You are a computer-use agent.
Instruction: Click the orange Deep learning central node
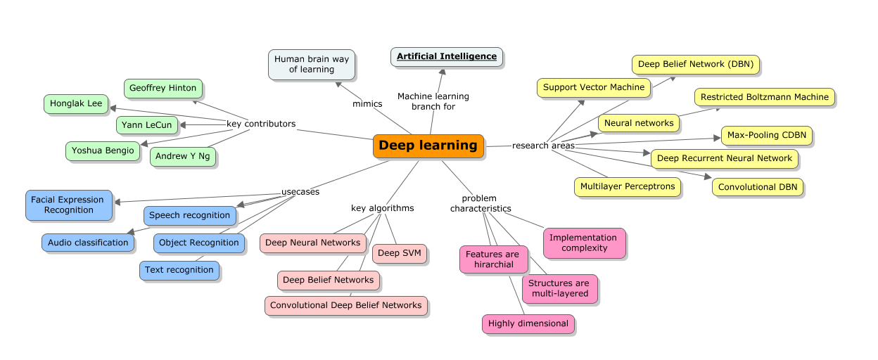[428, 146]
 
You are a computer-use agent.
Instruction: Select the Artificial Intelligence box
[447, 56]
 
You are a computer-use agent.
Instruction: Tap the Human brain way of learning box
[312, 64]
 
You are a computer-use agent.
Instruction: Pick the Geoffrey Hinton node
[163, 89]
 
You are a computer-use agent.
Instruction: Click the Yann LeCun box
[146, 125]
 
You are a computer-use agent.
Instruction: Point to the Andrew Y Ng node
[182, 156]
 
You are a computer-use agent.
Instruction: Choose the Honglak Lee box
[76, 103]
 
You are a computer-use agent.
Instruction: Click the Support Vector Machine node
[594, 88]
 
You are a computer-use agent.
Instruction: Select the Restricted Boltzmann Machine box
[764, 97]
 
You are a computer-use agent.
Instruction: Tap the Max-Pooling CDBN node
[766, 135]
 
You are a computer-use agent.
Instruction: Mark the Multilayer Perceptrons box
[627, 186]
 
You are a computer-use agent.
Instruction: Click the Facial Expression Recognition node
[68, 205]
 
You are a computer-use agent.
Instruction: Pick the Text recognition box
[179, 270]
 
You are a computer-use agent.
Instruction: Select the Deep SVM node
[399, 253]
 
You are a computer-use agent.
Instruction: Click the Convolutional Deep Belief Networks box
[345, 305]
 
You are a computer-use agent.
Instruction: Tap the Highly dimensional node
[528, 323]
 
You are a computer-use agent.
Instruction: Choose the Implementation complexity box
[584, 243]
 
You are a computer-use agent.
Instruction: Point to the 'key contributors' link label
[260, 124]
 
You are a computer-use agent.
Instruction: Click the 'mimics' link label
[367, 104]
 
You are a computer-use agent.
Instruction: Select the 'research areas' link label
[543, 146]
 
